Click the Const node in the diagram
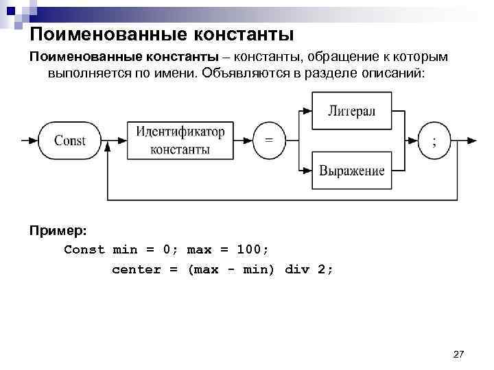coord(69,140)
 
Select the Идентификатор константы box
coord(180,140)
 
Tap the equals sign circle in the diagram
coord(269,140)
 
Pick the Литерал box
coord(351,111)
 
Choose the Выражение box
coord(351,171)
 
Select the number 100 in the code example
coord(249,249)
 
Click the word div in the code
coord(296,269)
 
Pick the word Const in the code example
coord(84,249)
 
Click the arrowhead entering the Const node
coord(35,140)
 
